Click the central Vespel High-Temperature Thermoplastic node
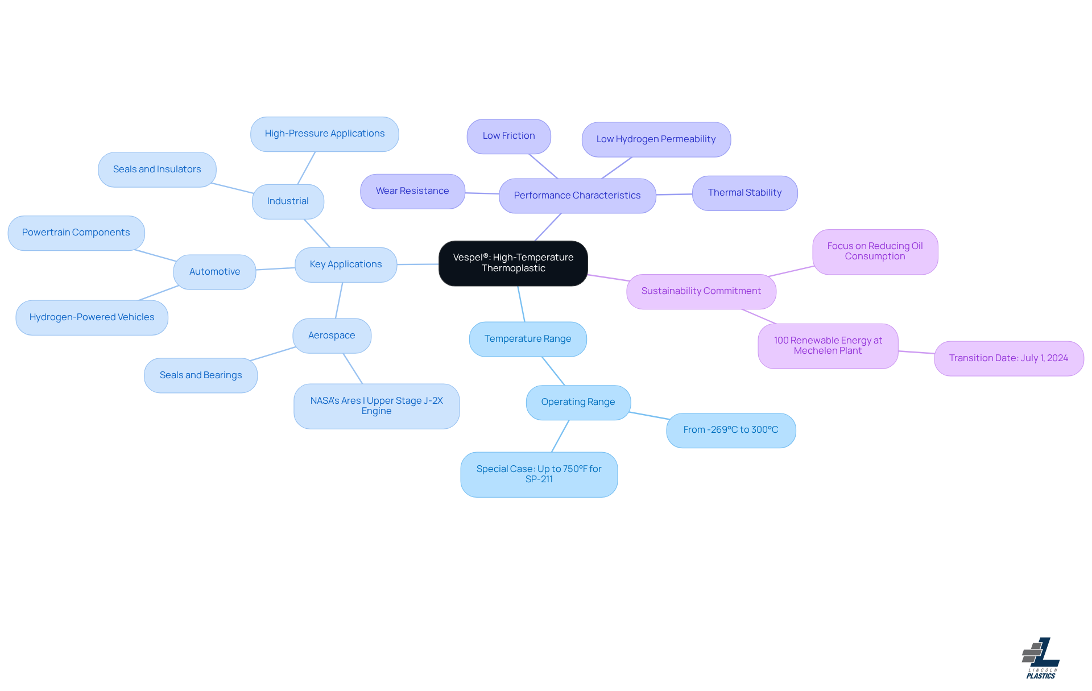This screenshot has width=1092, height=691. (x=513, y=263)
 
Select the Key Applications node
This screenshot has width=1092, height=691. (x=346, y=264)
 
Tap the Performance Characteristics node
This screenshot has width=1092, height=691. (x=577, y=196)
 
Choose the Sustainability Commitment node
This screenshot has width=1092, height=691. (x=701, y=291)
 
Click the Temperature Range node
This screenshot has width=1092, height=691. (x=528, y=339)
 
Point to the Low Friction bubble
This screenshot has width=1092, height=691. (x=508, y=136)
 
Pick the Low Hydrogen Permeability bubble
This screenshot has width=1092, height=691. (x=656, y=139)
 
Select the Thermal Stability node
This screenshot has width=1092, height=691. (x=744, y=193)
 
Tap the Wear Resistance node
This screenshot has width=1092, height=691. (x=412, y=191)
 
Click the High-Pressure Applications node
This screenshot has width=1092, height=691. (x=324, y=134)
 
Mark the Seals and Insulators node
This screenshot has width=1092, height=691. (x=157, y=169)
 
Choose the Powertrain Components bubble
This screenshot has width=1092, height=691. (x=76, y=233)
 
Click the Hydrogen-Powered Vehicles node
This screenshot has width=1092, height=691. (x=92, y=317)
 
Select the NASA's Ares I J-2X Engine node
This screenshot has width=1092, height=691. (x=377, y=406)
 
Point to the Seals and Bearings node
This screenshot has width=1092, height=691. (x=201, y=375)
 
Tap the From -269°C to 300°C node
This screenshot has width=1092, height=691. (x=731, y=430)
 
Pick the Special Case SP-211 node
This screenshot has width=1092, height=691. (x=539, y=474)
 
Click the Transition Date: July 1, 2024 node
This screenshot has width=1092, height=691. (x=1008, y=358)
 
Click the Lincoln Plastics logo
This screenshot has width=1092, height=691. (x=1041, y=658)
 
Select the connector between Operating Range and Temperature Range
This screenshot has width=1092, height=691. (x=553, y=371)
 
